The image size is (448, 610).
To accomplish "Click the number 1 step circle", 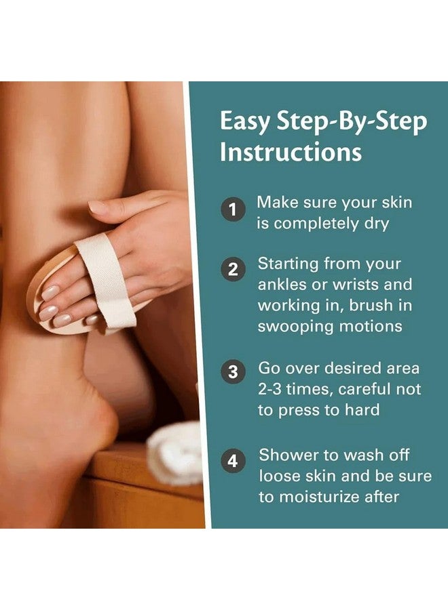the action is click(x=233, y=209).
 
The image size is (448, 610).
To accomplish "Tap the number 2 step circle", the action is click(x=233, y=269).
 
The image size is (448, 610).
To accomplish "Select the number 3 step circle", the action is click(x=233, y=371).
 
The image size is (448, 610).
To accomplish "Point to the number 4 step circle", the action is click(x=233, y=461).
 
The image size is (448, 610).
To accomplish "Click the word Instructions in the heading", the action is click(x=291, y=151).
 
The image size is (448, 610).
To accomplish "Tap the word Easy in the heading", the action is click(x=244, y=122).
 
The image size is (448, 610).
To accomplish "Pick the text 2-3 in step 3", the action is click(x=269, y=389).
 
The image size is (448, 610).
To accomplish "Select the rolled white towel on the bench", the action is click(x=174, y=452).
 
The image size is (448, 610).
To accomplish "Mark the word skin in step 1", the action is click(x=396, y=202).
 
